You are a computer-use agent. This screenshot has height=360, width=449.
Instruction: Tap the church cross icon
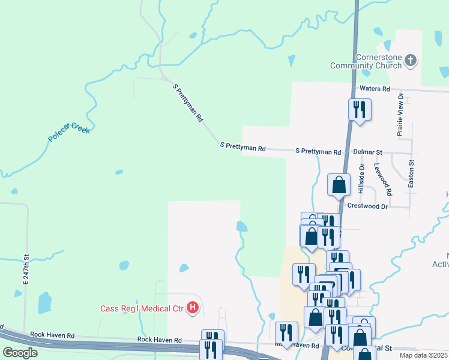411,60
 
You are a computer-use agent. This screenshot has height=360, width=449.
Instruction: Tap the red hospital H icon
193,308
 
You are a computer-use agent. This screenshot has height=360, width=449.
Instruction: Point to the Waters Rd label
375,89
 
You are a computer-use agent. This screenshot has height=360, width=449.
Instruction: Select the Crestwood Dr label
368,206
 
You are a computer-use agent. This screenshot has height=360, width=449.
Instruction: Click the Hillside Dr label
362,178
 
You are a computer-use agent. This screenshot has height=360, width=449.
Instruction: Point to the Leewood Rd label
382,180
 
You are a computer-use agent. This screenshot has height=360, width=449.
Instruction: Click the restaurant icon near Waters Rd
360,110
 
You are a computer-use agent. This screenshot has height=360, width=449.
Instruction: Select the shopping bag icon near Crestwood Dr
339,185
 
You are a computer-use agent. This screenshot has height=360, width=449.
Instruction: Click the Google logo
20,353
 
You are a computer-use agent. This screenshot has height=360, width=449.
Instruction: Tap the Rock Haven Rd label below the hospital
159,340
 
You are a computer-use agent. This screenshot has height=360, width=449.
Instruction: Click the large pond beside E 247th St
44,302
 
